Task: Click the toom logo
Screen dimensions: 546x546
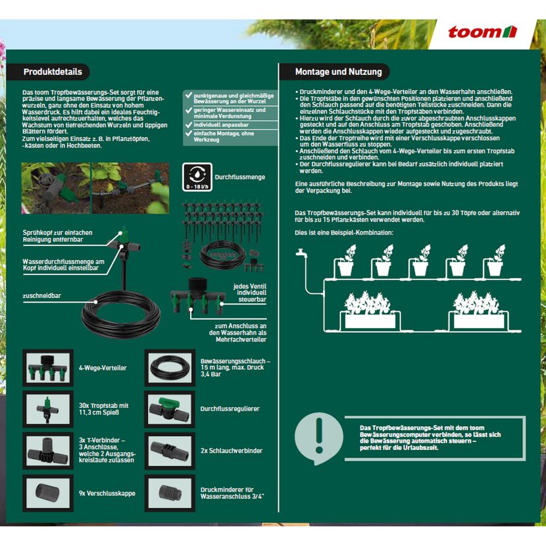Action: point(482,32)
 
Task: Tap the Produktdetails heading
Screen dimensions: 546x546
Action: point(53,72)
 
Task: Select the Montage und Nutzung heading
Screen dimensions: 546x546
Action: point(339,72)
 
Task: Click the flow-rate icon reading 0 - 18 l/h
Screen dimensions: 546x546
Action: point(197,177)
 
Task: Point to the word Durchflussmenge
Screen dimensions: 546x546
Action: point(240,177)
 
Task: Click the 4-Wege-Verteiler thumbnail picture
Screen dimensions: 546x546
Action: point(48,368)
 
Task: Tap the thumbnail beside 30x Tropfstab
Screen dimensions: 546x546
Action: point(48,409)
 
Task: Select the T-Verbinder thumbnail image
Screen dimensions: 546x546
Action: point(48,451)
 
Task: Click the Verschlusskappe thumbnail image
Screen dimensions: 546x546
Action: point(48,493)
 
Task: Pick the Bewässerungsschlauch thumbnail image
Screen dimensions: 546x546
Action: point(170,368)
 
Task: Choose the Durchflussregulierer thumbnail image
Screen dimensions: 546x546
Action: point(170,409)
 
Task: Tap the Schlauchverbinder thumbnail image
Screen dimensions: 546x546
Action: point(170,451)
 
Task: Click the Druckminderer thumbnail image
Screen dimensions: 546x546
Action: point(170,493)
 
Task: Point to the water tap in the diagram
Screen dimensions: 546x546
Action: point(301,253)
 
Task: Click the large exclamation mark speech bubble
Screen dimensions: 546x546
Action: point(318,438)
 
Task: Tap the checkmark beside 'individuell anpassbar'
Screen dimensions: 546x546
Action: point(189,125)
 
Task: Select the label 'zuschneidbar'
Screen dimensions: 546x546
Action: point(42,295)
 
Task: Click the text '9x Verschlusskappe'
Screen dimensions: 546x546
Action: point(107,493)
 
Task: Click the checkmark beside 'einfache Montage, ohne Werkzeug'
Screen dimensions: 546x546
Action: point(189,134)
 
